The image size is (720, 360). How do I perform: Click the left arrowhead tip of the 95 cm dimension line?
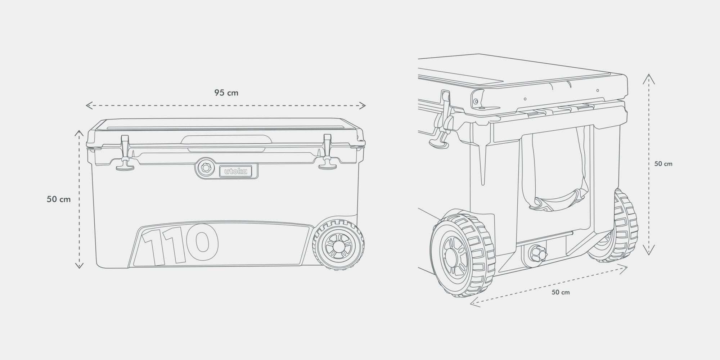tap(86, 105)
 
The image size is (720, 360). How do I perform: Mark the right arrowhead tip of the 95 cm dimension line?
tap(366, 105)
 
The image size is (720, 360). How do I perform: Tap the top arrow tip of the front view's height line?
tap(79, 130)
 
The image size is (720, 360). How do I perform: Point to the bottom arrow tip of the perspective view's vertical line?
tap(649, 255)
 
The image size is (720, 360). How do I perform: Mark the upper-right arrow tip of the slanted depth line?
tap(627, 267)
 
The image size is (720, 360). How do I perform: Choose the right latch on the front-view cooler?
tap(327, 152)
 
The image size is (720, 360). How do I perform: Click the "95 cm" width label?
tap(226, 93)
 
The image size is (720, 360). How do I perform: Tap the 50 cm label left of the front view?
tap(59, 199)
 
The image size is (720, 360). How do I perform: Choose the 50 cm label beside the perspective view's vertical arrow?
tap(663, 164)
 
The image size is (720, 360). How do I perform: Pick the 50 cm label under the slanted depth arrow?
tap(561, 292)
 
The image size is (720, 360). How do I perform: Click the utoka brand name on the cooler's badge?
tap(236, 171)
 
